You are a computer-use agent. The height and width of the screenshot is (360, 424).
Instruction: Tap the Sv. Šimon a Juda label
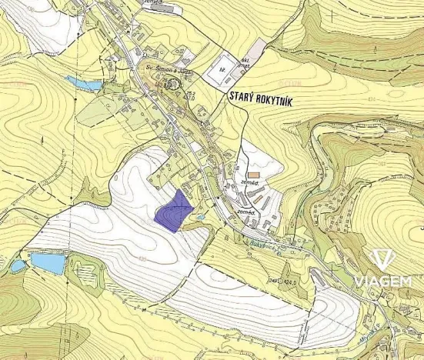coord(169,68)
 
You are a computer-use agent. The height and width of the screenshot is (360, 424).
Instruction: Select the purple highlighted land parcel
coord(174,208)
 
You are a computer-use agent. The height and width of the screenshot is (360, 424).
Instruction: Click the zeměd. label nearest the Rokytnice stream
coord(246,211)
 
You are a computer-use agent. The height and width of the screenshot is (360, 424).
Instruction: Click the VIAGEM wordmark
coord(382,282)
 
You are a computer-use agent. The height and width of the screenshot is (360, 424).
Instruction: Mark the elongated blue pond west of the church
coord(79,82)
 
